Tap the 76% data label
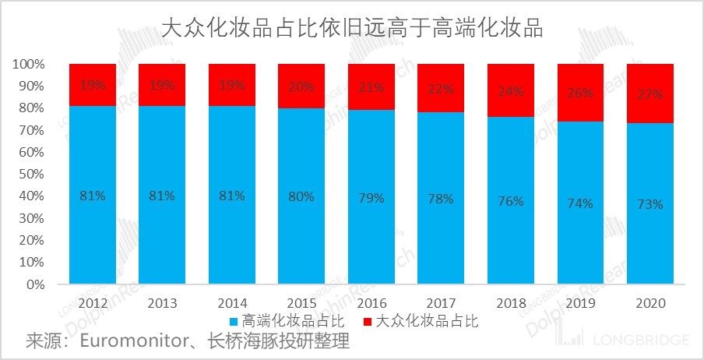tap(511, 202)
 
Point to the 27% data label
tap(650, 94)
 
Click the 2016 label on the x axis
tap(371, 302)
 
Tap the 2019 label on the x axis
tap(581, 302)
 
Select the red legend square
tap(367, 321)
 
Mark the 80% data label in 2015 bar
tap(301, 196)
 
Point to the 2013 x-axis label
tap(162, 302)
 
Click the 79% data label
tap(371, 198)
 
